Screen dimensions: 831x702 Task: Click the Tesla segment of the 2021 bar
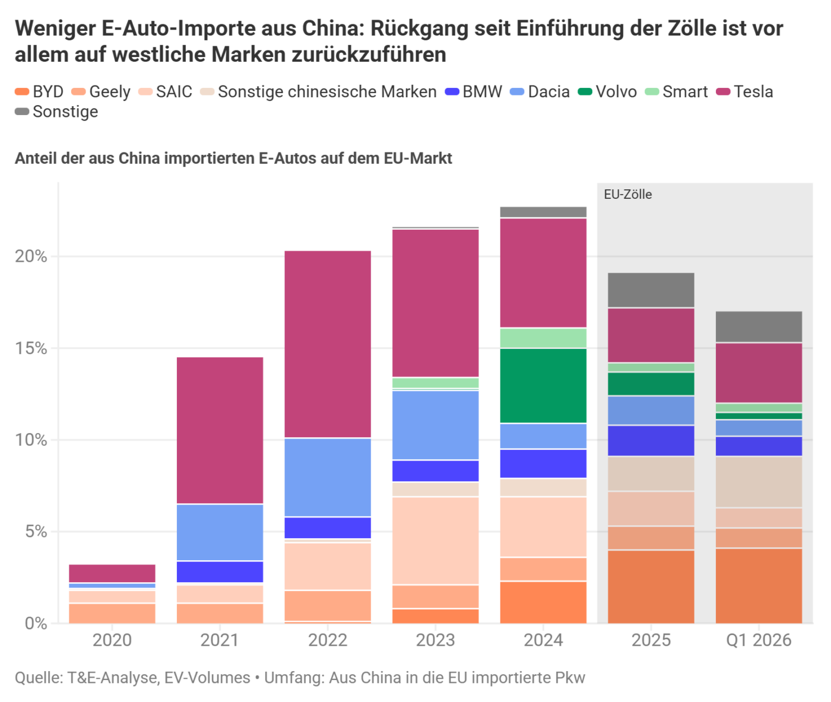point(220,430)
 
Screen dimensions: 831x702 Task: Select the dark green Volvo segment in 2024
point(543,386)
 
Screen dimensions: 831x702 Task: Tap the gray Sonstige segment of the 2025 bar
point(651,290)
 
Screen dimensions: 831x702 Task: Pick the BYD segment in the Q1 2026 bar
point(759,586)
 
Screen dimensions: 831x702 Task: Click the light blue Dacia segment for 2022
point(328,478)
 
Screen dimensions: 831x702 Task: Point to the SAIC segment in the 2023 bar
point(436,541)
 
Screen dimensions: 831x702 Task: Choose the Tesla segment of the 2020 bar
point(112,573)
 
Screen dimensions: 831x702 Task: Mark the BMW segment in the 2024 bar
point(543,463)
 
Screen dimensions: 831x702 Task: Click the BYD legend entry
point(39,91)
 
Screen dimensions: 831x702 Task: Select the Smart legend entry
point(676,91)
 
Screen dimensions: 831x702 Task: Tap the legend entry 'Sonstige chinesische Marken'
point(318,91)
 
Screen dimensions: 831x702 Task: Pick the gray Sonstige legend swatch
point(22,112)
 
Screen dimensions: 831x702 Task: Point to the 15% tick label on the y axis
point(31,348)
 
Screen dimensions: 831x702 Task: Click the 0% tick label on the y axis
point(36,623)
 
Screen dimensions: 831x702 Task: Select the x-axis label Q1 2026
point(759,640)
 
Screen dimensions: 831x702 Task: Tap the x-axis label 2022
point(328,640)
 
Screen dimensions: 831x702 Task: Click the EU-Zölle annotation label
point(628,195)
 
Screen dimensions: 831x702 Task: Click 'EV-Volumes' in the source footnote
point(207,678)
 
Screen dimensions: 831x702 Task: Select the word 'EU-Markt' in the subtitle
point(418,158)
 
